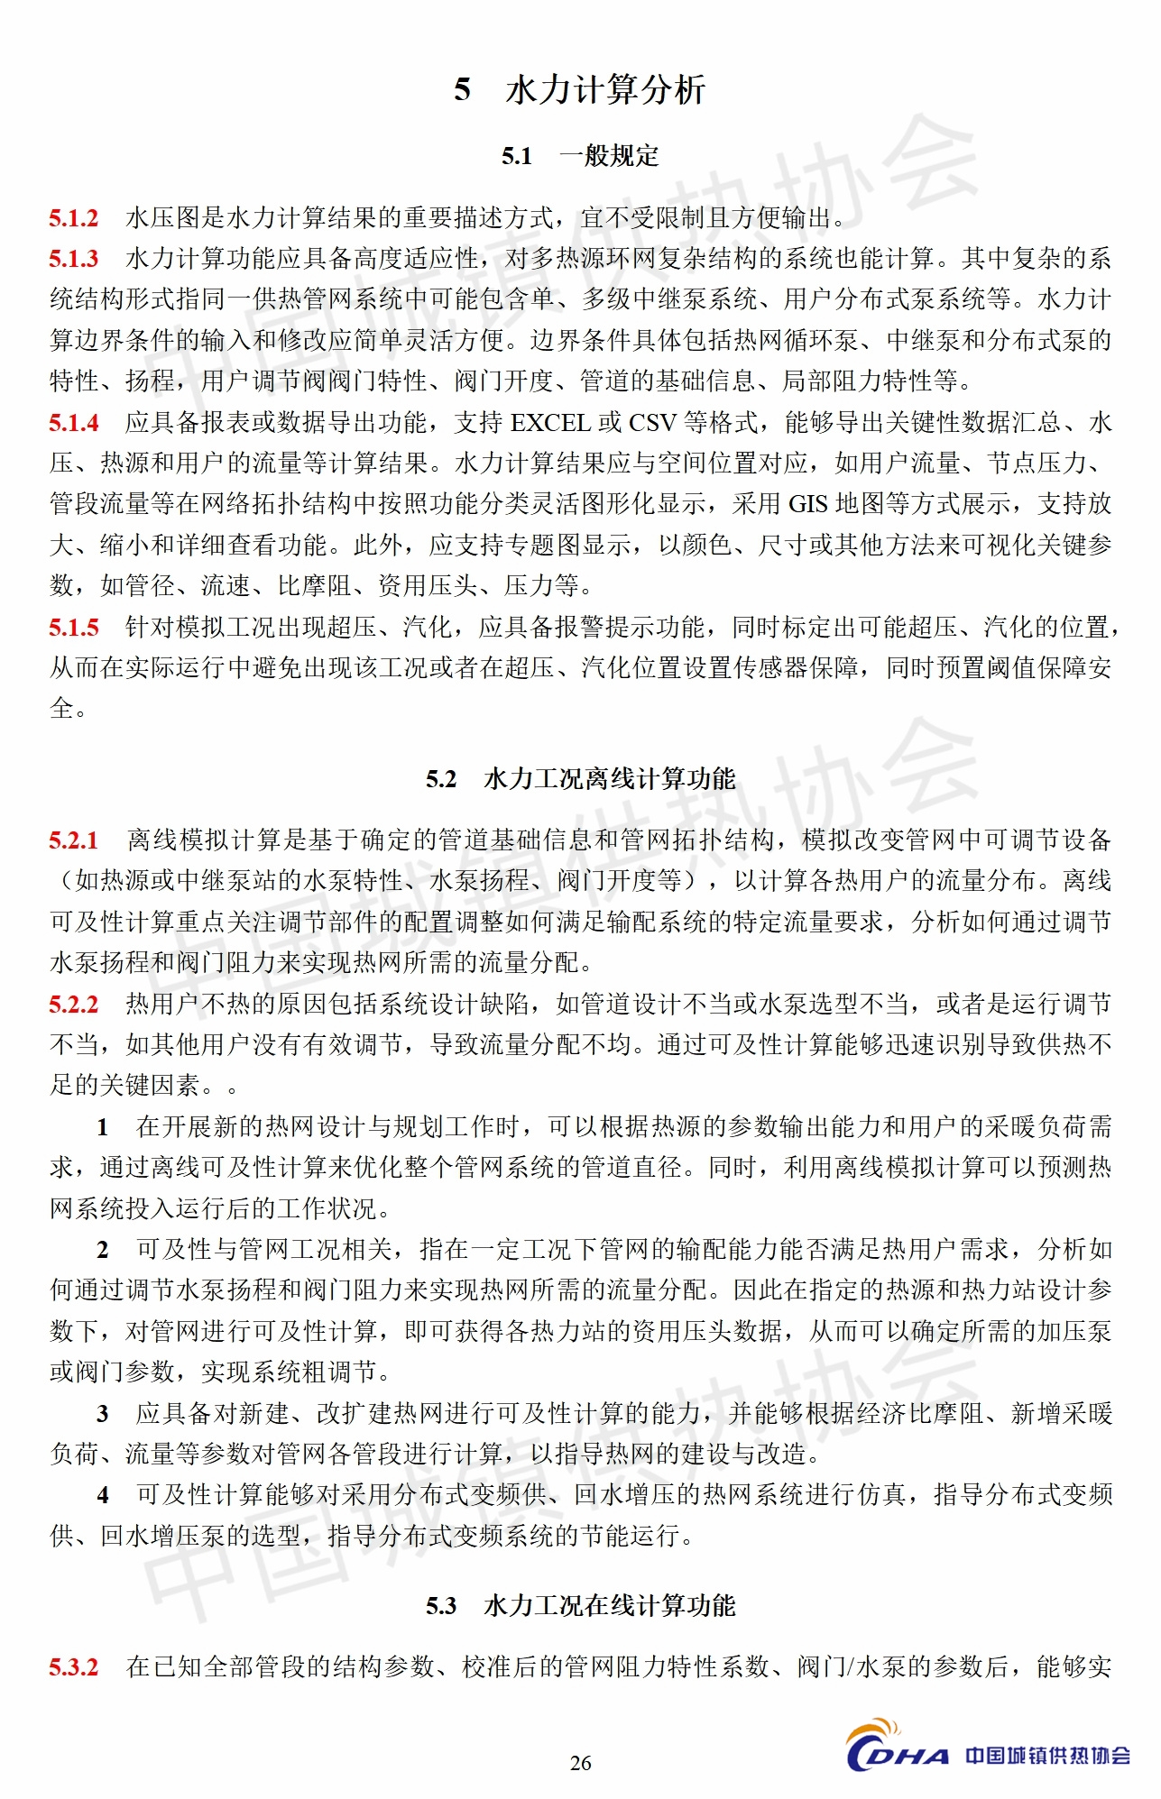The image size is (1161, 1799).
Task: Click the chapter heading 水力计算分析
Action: coord(604,90)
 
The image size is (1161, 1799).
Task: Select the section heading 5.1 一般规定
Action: coord(580,156)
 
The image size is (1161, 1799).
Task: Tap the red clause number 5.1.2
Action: coord(74,218)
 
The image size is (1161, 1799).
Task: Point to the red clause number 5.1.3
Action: coord(74,259)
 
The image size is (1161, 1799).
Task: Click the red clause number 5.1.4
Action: coord(74,423)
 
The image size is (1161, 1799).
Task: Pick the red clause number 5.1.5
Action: coord(74,628)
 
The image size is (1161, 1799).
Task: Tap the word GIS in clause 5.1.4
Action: coord(808,504)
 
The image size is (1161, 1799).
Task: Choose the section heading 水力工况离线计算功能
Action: coord(610,779)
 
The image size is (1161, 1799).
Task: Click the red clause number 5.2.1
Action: coord(74,841)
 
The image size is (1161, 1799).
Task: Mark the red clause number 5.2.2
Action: coord(74,1005)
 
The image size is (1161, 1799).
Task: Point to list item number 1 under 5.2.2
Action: coord(103,1127)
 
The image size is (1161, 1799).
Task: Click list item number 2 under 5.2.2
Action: coord(103,1250)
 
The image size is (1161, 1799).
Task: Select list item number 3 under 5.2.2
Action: coord(103,1414)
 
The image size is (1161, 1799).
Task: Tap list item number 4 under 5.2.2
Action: coord(103,1495)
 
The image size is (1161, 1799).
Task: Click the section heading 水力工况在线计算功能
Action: coord(610,1606)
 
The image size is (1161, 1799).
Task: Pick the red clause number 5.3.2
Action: coord(74,1667)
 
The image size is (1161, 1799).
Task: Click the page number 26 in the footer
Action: coord(580,1763)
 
